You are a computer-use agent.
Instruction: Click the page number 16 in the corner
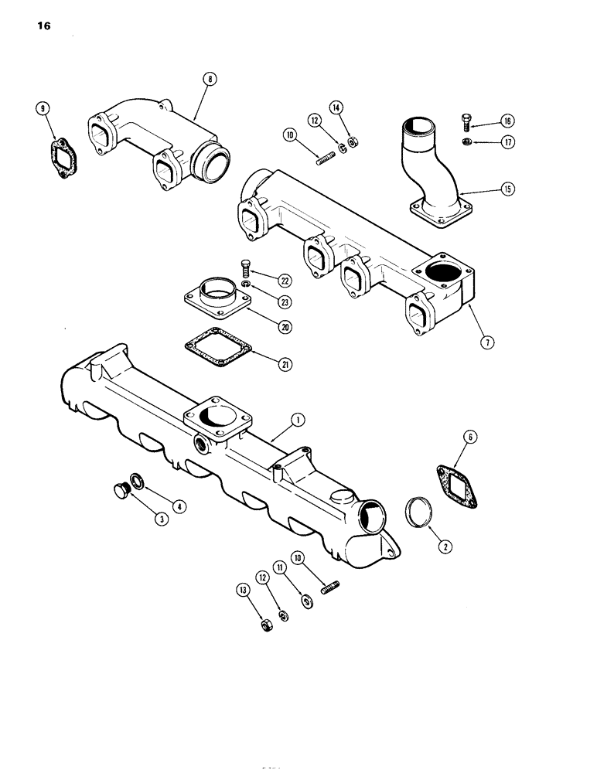tap(42, 26)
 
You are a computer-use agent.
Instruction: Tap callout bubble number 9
tap(43, 108)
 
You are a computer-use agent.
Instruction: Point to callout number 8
tap(209, 78)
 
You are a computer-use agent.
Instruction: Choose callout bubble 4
tap(179, 507)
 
